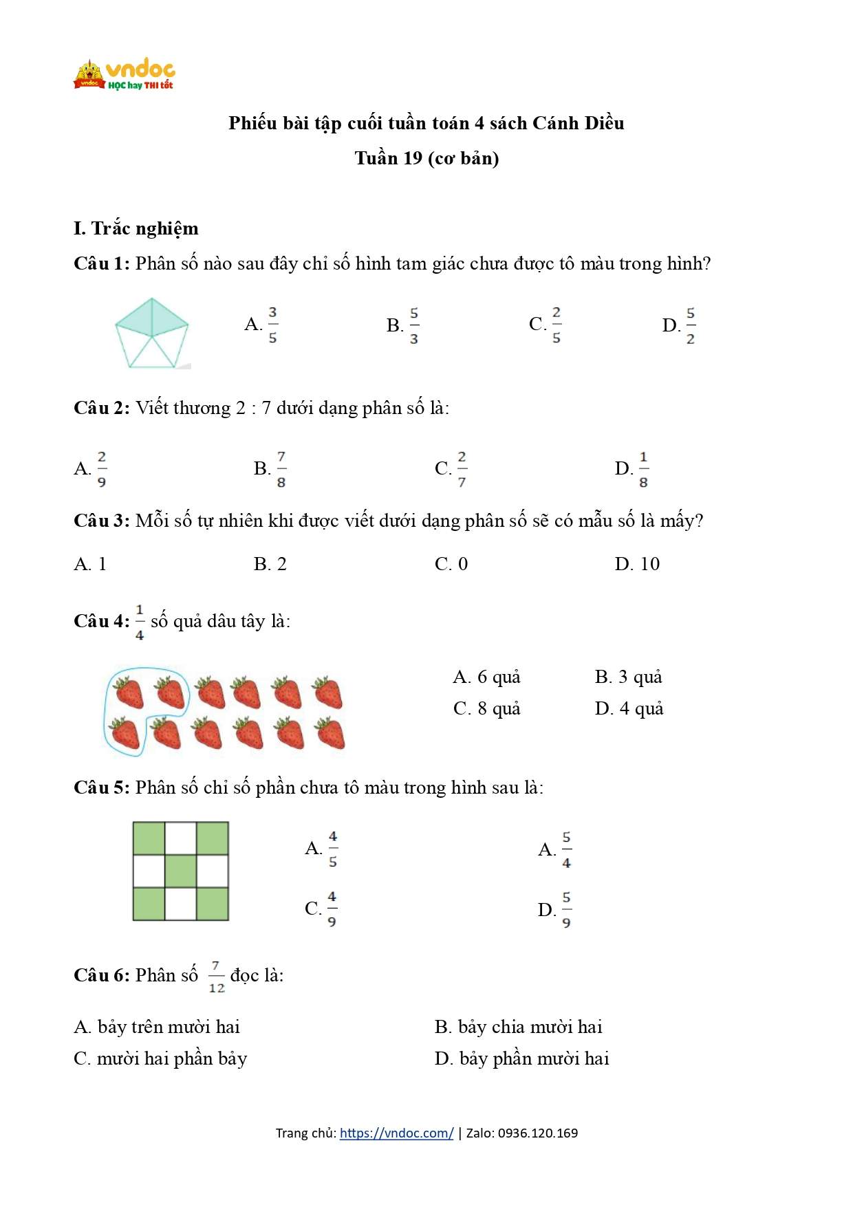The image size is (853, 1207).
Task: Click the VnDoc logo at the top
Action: pos(125,75)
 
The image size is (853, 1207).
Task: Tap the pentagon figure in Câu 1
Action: pos(151,334)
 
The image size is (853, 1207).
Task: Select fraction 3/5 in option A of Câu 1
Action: pos(272,325)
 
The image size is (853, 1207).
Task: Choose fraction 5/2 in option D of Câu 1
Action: pos(690,325)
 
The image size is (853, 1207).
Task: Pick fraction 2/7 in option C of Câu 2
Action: pos(462,469)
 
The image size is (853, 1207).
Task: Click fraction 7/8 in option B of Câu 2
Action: pos(281,469)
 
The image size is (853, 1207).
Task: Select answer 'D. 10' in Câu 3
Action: pos(637,564)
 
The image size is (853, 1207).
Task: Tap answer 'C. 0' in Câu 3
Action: pos(451,564)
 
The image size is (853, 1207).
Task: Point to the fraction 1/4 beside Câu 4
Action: pos(140,622)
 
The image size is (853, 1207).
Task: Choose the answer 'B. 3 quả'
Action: pos(628,677)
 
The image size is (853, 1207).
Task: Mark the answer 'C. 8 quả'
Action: pos(486,708)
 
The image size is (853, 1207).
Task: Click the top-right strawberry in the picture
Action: pos(327,692)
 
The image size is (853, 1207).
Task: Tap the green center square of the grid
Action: pos(181,871)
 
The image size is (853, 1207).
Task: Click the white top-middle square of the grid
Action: pos(181,838)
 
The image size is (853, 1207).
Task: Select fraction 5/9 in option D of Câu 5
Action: pos(565,910)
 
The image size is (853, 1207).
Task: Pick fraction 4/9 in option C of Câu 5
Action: pos(332,909)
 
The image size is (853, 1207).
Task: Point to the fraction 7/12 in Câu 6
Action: pos(216,977)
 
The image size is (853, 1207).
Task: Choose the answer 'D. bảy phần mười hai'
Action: pos(522,1058)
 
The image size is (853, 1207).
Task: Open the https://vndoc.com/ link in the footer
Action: pos(396,1133)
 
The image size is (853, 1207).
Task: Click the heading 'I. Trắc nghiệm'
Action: pos(136,228)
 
